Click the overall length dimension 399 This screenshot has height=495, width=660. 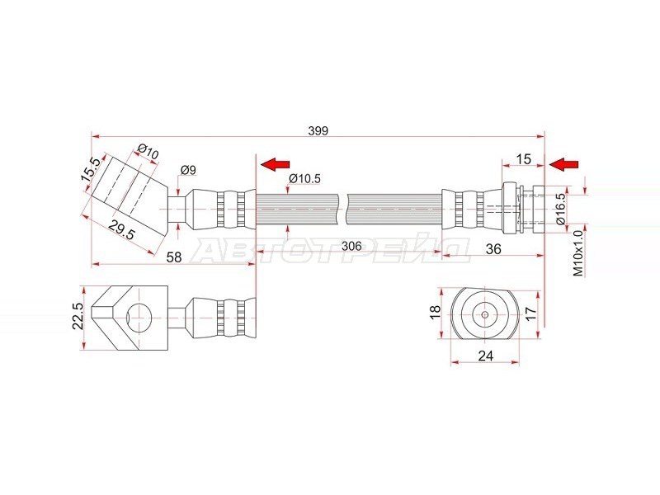click(x=318, y=131)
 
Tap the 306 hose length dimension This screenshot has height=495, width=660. click(x=351, y=246)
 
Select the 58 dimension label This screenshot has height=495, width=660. click(x=174, y=257)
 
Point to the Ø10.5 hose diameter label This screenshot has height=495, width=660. click(x=304, y=178)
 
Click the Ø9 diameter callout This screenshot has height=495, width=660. click(x=188, y=170)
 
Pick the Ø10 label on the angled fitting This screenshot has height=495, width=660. click(x=148, y=152)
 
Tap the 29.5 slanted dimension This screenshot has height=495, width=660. click(x=121, y=230)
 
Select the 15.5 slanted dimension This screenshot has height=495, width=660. click(x=91, y=169)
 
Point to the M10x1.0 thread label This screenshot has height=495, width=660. click(x=579, y=252)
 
